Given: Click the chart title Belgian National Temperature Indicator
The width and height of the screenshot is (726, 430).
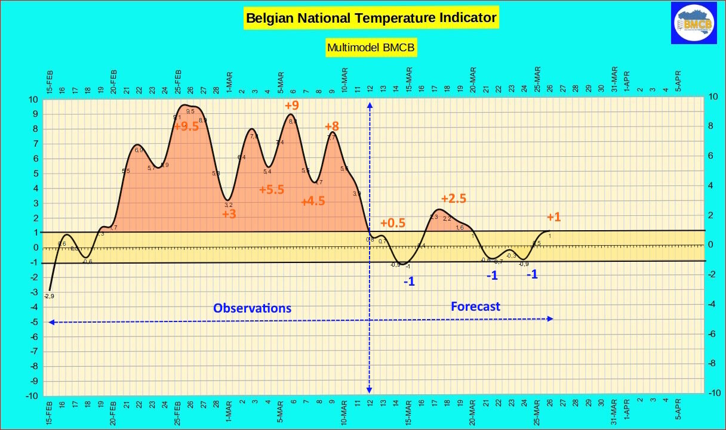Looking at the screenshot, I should [x=371, y=18].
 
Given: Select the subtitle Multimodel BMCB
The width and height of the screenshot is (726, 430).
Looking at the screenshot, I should [x=371, y=47].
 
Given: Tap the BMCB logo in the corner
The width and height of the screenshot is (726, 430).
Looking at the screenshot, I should [x=693, y=23].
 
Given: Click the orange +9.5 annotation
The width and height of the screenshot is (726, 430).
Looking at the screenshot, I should [x=186, y=126].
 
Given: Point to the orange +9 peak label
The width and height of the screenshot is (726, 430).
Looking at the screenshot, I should [x=292, y=106].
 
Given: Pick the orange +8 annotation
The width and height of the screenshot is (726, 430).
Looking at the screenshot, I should [x=332, y=126].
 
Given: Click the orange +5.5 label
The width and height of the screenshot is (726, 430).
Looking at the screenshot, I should [x=272, y=189].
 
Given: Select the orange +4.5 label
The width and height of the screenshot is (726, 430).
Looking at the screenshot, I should [x=313, y=202].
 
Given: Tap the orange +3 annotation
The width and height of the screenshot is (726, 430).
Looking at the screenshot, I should [x=229, y=214].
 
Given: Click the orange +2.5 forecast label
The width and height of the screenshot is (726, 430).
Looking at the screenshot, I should [x=454, y=198].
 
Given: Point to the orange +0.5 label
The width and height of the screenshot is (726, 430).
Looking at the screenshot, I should [x=392, y=223].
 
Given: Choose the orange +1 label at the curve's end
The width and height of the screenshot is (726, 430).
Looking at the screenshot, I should [x=554, y=218].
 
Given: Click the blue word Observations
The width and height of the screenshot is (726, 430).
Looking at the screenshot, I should [x=253, y=308].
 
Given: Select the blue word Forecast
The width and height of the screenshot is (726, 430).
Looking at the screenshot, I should [x=475, y=307].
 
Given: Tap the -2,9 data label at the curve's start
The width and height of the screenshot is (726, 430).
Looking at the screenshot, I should [x=49, y=296].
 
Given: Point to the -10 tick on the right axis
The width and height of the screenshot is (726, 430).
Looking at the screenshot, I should [x=713, y=393].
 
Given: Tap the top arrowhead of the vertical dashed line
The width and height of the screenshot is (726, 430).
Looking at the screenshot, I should [x=370, y=106].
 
